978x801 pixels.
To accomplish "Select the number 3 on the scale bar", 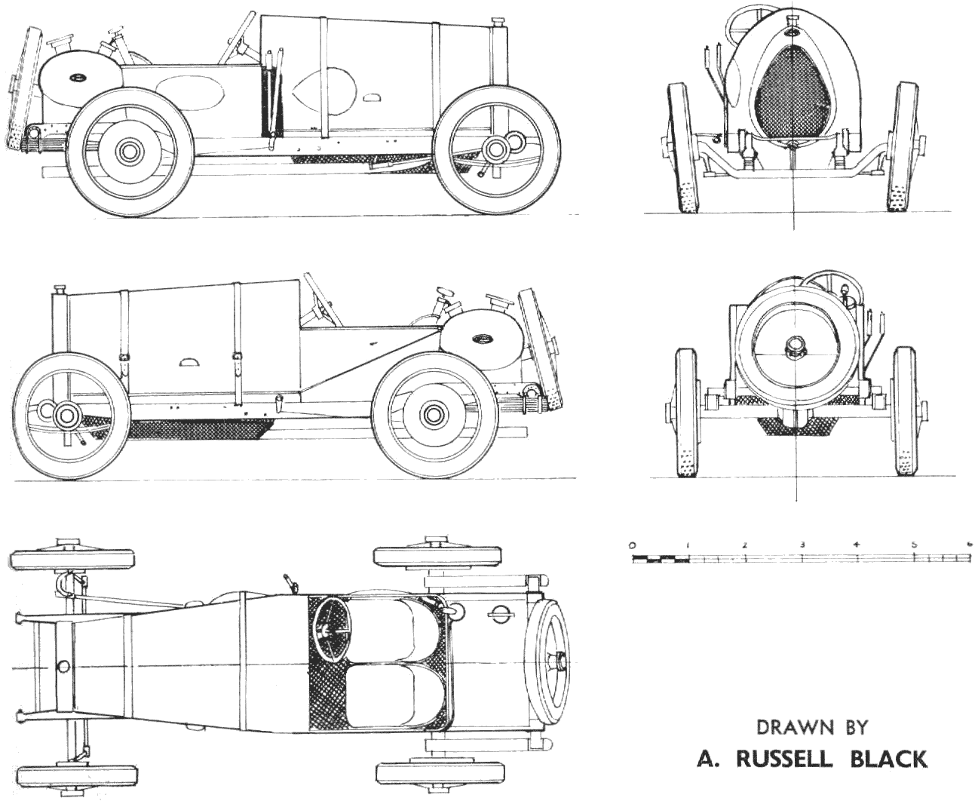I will pos(802,545).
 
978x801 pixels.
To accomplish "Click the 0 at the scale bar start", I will pos(633,545).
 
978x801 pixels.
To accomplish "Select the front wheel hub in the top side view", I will pos(129,151).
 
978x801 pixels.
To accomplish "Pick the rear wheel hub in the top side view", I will pos(496,149).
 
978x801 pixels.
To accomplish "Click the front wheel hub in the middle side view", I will pos(432,414).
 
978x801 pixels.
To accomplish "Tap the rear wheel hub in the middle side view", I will pos(66,414).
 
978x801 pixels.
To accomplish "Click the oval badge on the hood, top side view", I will pos(77,77).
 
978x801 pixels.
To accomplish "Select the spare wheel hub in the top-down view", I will pos(561,661).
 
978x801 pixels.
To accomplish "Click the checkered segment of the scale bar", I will pos(661,559).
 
